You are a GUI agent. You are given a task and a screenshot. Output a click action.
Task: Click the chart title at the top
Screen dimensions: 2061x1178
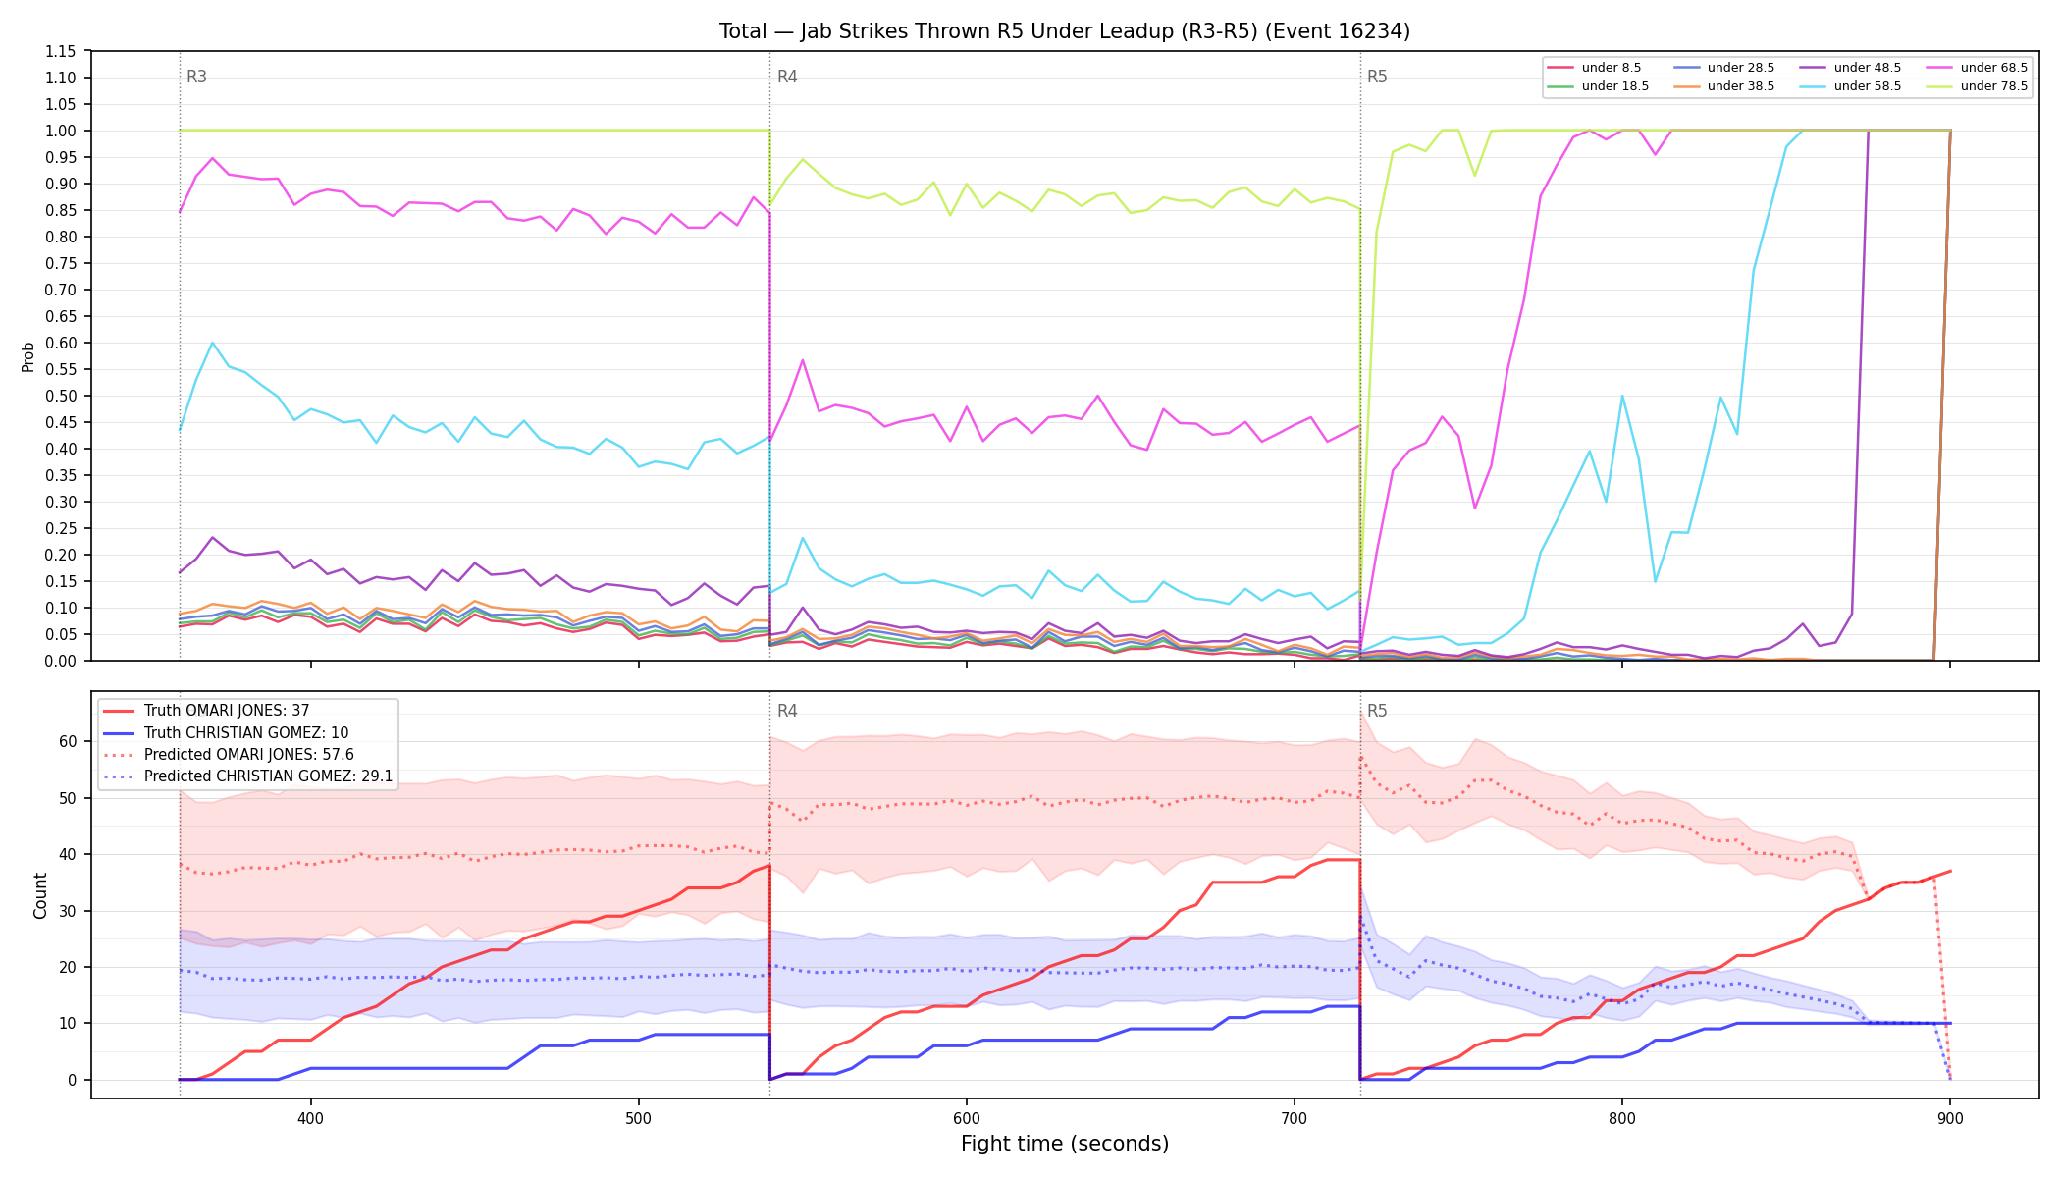click(x=1064, y=31)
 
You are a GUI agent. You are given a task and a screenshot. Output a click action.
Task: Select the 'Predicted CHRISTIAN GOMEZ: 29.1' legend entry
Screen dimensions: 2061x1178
click(x=248, y=776)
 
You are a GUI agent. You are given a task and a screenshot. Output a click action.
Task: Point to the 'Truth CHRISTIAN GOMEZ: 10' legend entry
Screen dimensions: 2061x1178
click(x=226, y=733)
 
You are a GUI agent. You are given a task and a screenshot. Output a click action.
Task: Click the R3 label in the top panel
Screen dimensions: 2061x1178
click(x=196, y=77)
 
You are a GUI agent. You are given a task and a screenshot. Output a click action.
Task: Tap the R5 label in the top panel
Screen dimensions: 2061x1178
click(x=1377, y=77)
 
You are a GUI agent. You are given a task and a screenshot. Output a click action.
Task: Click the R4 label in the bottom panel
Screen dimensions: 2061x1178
click(x=787, y=711)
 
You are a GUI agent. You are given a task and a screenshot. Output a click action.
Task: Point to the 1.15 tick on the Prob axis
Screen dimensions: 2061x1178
click(x=62, y=51)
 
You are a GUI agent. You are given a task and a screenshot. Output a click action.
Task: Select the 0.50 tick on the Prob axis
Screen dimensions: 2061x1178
click(x=62, y=396)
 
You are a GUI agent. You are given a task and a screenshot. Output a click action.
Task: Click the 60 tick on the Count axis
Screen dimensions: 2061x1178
click(x=68, y=741)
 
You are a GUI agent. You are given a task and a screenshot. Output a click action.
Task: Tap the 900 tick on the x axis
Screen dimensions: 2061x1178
click(x=1950, y=1118)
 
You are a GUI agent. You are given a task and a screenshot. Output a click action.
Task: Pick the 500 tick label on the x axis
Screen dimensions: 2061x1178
click(x=639, y=1118)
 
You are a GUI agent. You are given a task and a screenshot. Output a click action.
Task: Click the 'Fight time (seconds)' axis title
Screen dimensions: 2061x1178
click(x=1065, y=1144)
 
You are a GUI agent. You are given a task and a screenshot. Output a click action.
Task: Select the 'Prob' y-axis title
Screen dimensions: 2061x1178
click(x=27, y=356)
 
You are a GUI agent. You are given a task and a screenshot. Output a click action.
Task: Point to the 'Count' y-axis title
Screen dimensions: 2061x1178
click(x=40, y=895)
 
